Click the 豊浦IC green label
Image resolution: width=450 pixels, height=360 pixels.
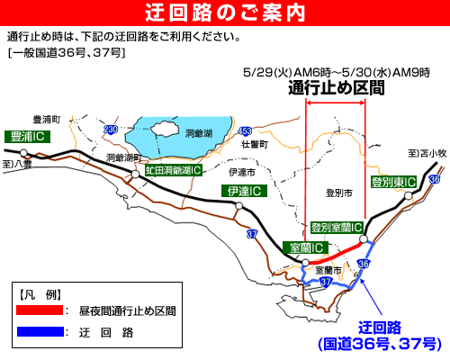pos(27,136)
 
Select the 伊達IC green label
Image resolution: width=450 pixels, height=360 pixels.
pos(243,191)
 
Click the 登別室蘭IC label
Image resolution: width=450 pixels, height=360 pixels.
pos(337,227)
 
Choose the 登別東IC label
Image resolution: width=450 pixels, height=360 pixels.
pos(393,183)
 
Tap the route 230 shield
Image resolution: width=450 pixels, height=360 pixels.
pos(111,130)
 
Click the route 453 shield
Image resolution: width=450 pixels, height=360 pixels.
pos(245,131)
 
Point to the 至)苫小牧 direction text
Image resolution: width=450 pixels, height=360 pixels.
pos(427,154)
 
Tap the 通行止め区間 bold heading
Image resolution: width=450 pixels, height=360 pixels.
pos(336,88)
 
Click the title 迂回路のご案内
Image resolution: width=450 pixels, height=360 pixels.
pos(224,13)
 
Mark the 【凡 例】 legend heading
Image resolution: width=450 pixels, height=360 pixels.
pos(40,293)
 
